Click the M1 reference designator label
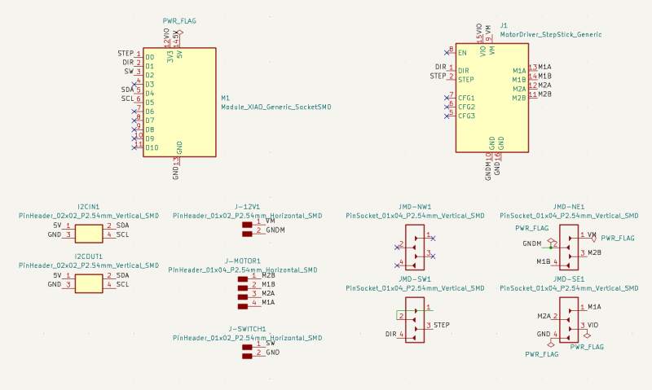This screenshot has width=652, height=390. [x=226, y=99]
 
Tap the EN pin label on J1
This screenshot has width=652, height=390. [x=462, y=53]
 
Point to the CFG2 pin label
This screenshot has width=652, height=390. [x=466, y=107]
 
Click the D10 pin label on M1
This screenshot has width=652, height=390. [x=151, y=148]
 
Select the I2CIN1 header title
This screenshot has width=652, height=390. [x=89, y=208]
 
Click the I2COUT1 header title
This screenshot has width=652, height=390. [x=89, y=256]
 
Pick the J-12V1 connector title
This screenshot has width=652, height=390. [x=247, y=207]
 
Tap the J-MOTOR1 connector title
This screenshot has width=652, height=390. [x=247, y=261]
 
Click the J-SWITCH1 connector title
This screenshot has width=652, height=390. [x=247, y=329]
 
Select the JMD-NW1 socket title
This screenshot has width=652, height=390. [x=415, y=207]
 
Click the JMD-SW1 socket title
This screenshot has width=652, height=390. [x=415, y=279]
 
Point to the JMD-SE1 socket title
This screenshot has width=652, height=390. [x=569, y=279]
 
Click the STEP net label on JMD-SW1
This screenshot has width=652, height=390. [x=442, y=325]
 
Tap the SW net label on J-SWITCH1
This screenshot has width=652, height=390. [x=271, y=344]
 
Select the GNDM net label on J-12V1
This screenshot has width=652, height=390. [x=275, y=230]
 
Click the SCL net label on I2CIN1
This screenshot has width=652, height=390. [x=123, y=235]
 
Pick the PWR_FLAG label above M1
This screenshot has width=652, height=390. [x=179, y=20]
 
